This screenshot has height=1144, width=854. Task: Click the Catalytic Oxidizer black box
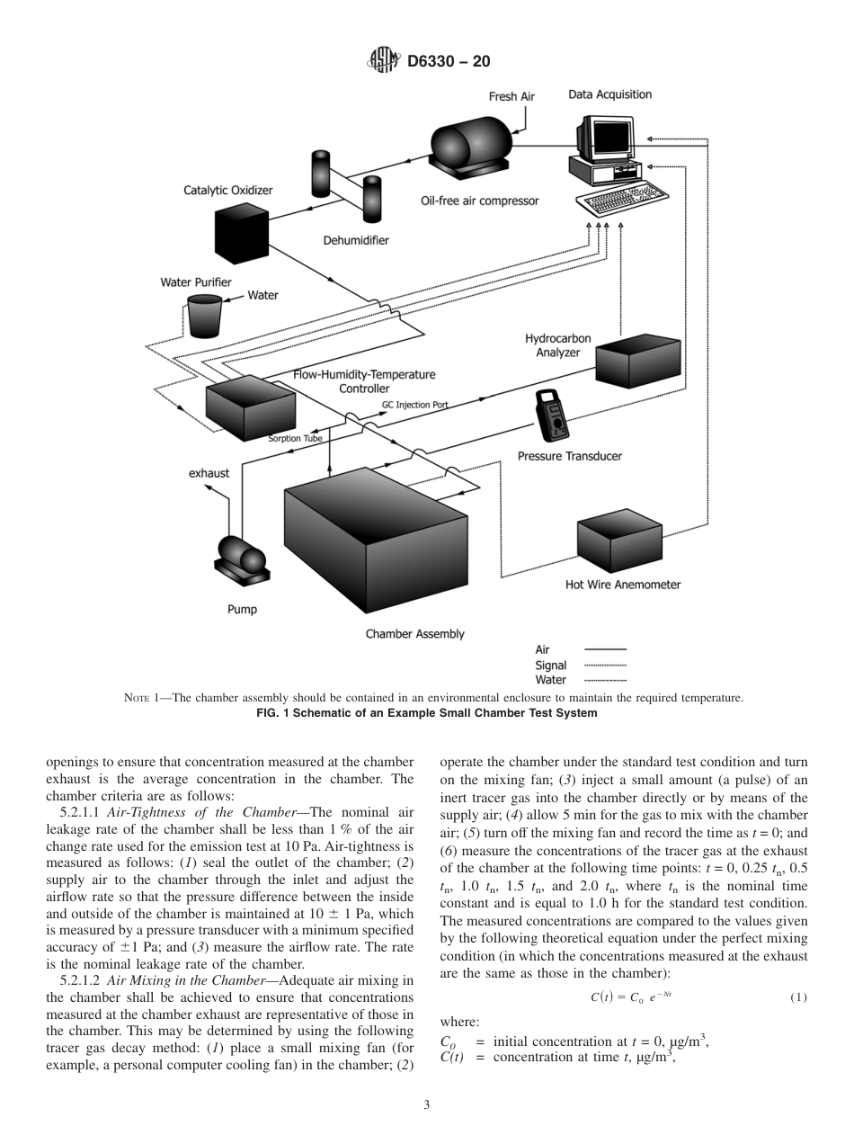pos(241,233)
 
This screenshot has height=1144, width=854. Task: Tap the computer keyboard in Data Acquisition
pos(626,192)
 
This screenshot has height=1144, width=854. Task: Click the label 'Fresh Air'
pos(512,96)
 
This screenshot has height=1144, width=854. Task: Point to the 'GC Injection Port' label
pos(414,405)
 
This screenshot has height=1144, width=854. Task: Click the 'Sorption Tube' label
pos(295,439)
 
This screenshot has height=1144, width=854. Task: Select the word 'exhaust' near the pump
pos(209,472)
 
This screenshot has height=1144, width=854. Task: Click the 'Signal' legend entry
pos(550,666)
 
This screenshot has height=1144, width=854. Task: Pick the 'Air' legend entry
pos(542,649)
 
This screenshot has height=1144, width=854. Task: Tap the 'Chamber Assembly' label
pos(414,634)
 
